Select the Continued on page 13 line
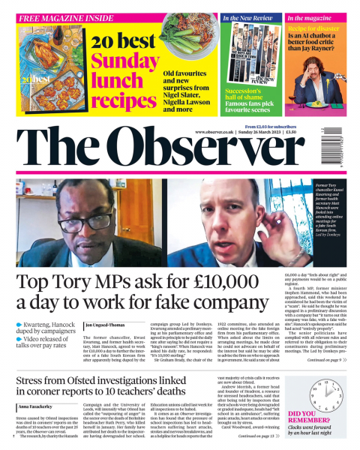[x=259, y=436]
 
